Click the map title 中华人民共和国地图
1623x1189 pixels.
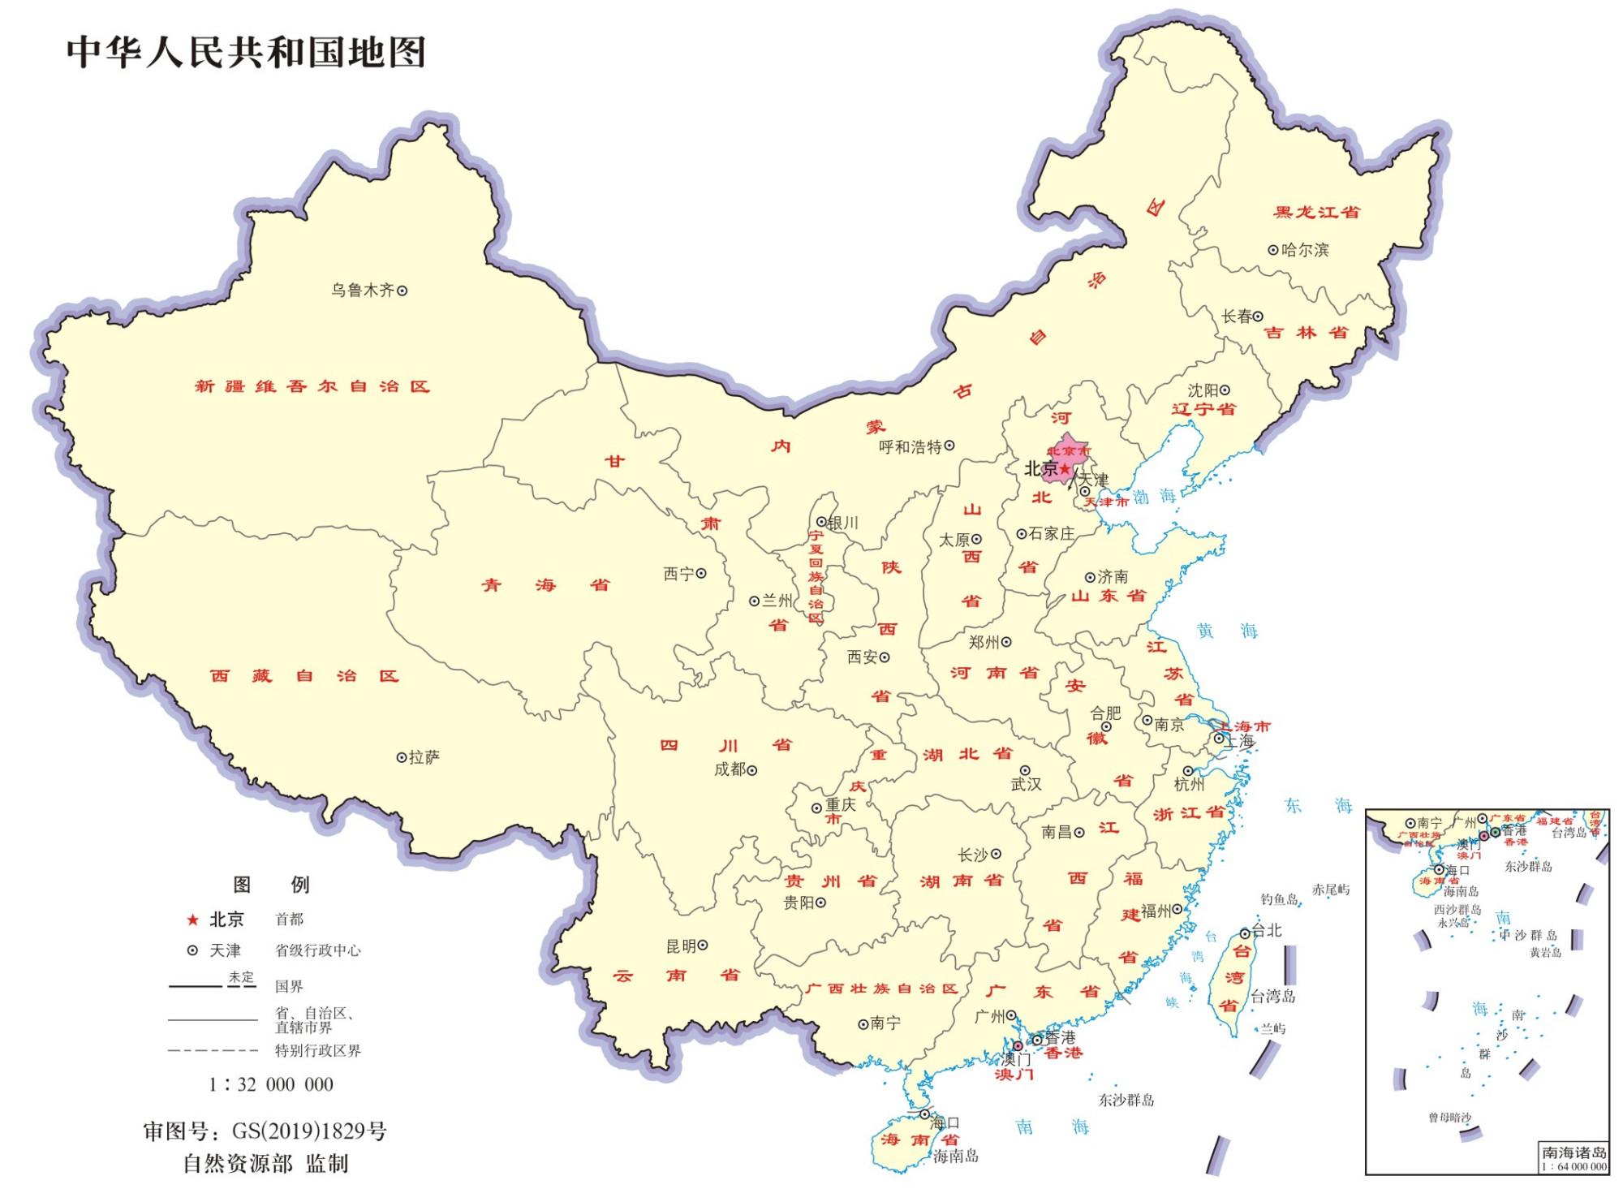point(246,52)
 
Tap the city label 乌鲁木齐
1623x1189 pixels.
point(362,291)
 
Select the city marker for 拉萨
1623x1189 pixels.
point(401,757)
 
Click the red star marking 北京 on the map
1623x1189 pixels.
point(1065,469)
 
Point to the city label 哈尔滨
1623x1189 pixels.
point(1305,250)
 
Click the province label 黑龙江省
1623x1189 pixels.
point(1316,213)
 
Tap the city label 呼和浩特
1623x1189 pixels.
point(910,446)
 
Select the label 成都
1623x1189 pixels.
point(730,769)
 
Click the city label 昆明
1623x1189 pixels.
point(681,946)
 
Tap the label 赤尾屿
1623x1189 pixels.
point(1331,890)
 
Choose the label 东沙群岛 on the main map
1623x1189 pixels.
point(1126,1100)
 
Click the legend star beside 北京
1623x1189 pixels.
point(193,920)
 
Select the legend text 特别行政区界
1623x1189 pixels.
point(317,1050)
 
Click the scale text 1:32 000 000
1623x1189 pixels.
point(271,1084)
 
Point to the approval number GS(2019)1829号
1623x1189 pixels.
point(309,1131)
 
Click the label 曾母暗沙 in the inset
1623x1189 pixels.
point(1449,1118)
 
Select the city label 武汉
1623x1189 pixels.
point(1026,784)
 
